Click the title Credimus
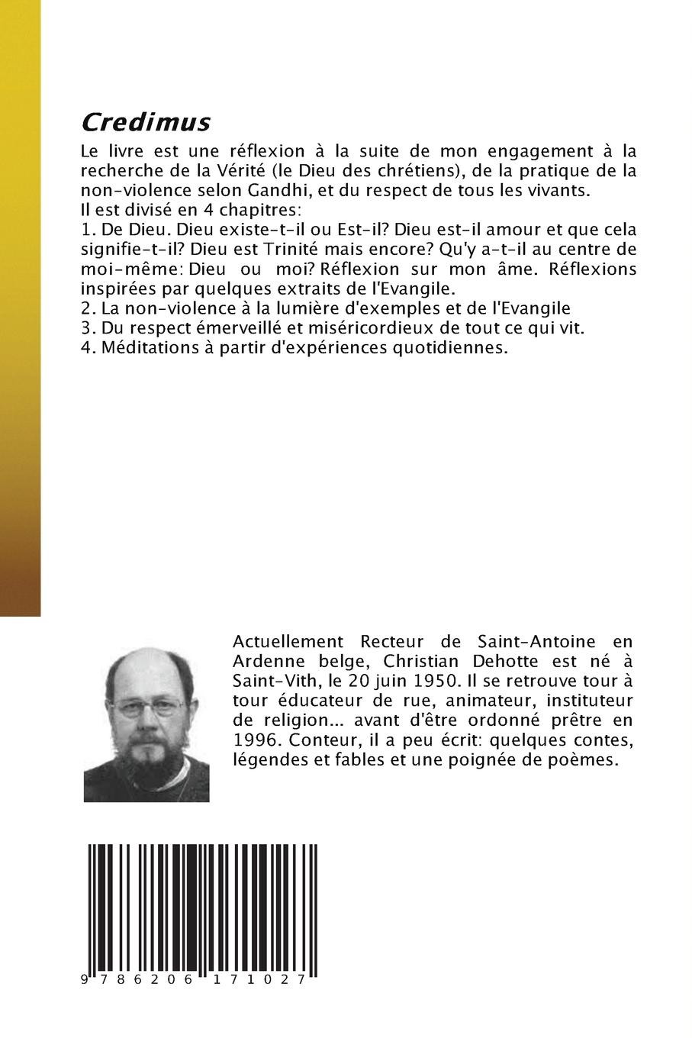[145, 122]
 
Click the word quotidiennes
[449, 348]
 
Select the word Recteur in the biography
[385, 640]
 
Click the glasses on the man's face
[147, 707]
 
